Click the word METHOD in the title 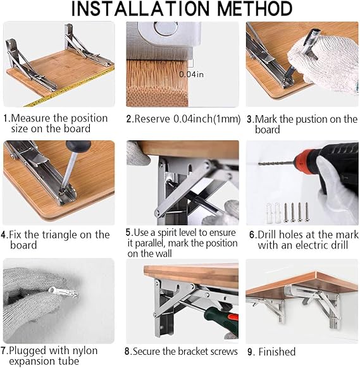click(255, 9)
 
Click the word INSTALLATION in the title click(140, 9)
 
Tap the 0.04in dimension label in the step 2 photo click(192, 75)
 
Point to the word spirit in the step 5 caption click(167, 233)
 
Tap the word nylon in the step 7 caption click(85, 351)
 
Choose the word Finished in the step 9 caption click(277, 352)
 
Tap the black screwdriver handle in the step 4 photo click(78, 146)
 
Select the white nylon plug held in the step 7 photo click(63, 292)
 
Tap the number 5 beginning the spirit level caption click(128, 232)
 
